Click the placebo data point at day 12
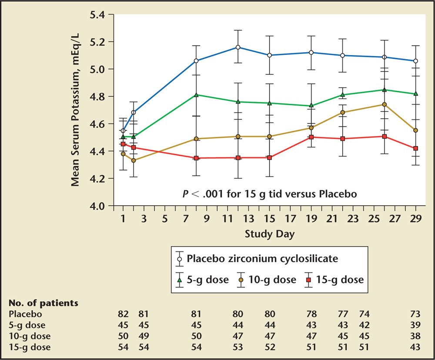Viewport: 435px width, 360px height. click(x=238, y=47)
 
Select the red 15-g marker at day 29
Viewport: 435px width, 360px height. click(x=415, y=148)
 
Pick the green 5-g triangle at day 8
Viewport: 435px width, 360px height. click(x=196, y=95)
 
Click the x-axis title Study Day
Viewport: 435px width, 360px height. click(x=269, y=234)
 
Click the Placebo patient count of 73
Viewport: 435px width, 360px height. click(x=415, y=314)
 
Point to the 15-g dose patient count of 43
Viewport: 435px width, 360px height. click(x=415, y=347)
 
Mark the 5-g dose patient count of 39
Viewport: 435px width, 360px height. click(x=415, y=325)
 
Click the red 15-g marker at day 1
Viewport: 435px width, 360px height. click(x=124, y=144)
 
